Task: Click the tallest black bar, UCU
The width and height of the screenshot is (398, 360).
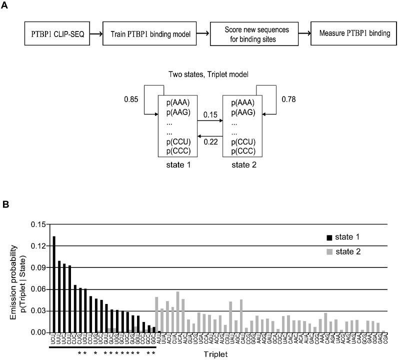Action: click(x=54, y=284)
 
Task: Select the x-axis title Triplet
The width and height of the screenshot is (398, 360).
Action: click(x=215, y=354)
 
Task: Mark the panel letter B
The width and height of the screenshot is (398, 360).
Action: click(x=5, y=205)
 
